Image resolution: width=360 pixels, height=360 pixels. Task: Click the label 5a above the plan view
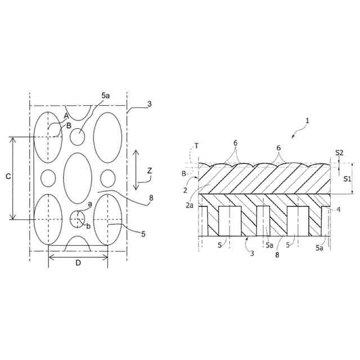[x=106, y=96]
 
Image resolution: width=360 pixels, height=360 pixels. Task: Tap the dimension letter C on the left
[x=8, y=176]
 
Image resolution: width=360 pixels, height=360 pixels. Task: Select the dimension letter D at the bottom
[x=78, y=263]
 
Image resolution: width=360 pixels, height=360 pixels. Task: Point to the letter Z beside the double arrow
[x=150, y=171]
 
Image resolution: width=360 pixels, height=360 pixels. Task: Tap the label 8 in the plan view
[x=151, y=198]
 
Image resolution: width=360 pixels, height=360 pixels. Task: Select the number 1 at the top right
[x=308, y=121]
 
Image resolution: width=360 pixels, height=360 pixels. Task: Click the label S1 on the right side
[x=348, y=179]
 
